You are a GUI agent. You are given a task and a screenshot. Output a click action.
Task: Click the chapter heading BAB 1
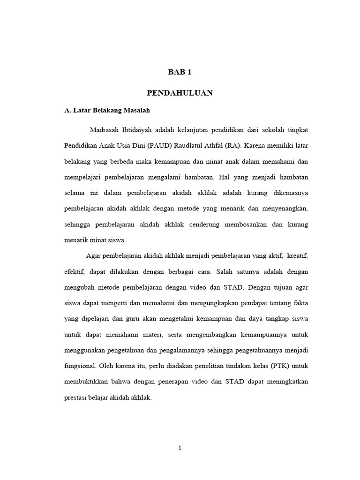[180, 72]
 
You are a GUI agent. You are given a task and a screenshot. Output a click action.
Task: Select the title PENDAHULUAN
[180, 93]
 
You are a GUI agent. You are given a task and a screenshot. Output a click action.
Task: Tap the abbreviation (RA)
[232, 145]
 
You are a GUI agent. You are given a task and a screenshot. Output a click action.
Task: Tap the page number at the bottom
[180, 448]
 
